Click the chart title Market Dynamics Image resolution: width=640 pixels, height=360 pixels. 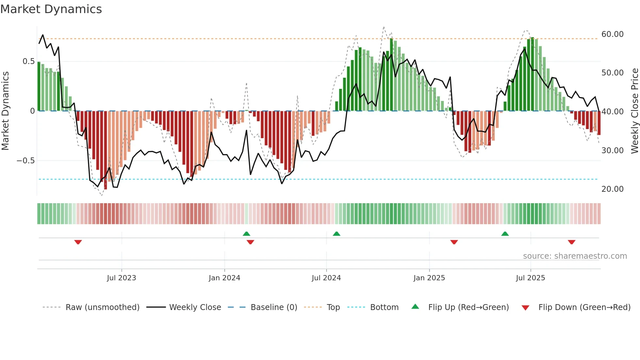click(51, 9)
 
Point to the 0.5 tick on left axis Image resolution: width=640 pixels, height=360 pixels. click(29, 61)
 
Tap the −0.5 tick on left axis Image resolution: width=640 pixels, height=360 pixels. click(26, 161)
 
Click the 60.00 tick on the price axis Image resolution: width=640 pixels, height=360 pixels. click(612, 34)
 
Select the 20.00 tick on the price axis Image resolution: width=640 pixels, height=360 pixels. click(612, 189)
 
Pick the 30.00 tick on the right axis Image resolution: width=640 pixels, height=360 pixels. click(612, 151)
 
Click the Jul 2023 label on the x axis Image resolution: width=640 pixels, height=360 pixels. click(121, 278)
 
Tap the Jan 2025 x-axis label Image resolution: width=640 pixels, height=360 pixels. click(429, 278)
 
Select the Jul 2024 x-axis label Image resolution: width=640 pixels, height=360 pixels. click(326, 278)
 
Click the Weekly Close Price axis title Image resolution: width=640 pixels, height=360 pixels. click(634, 111)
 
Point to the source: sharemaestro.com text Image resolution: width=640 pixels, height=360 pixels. click(575, 256)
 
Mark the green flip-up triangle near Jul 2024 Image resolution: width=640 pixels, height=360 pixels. click(336, 234)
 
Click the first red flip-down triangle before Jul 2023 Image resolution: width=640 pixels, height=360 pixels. click(78, 242)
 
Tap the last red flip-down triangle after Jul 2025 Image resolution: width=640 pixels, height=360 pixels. click(571, 242)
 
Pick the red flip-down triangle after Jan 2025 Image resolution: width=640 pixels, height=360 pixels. click(454, 242)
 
